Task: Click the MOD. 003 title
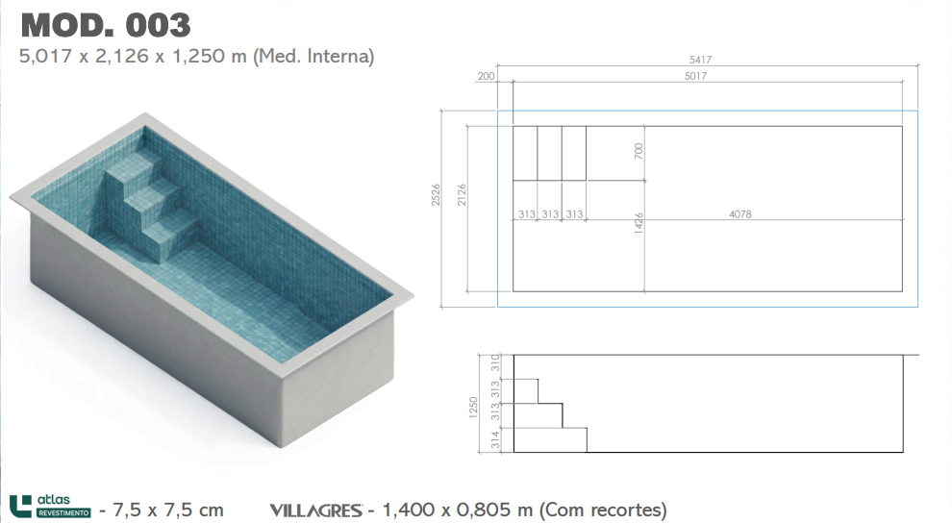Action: (106, 26)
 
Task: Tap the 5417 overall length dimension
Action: (700, 60)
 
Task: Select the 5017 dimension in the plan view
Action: (695, 76)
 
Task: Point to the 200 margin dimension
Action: (486, 76)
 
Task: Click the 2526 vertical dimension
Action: (436, 195)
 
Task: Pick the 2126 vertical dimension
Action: (462, 195)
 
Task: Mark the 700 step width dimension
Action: (639, 151)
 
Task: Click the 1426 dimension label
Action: (639, 223)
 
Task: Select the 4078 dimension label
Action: (740, 214)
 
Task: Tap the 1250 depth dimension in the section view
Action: (473, 407)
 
